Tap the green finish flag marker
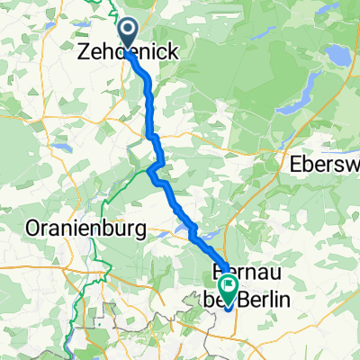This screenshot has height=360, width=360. tap(229, 289)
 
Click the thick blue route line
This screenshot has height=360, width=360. tap(151, 108)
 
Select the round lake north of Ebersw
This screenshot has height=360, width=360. tap(337, 56)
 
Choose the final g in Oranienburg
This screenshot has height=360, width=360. tap(139, 231)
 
